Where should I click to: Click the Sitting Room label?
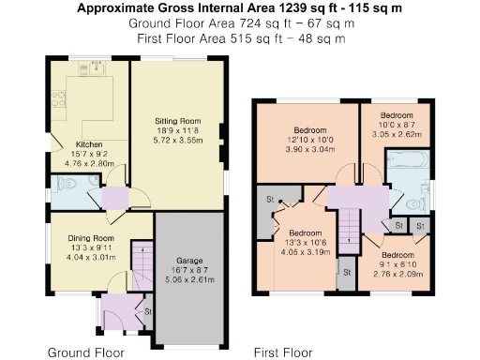coord(178,122)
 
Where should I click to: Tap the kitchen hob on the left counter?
coord(57,97)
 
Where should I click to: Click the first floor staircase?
coord(349,228)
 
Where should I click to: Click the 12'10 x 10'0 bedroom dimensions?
coord(310,140)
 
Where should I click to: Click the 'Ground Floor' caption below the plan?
coord(86,352)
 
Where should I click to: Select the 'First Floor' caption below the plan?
coord(283,352)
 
